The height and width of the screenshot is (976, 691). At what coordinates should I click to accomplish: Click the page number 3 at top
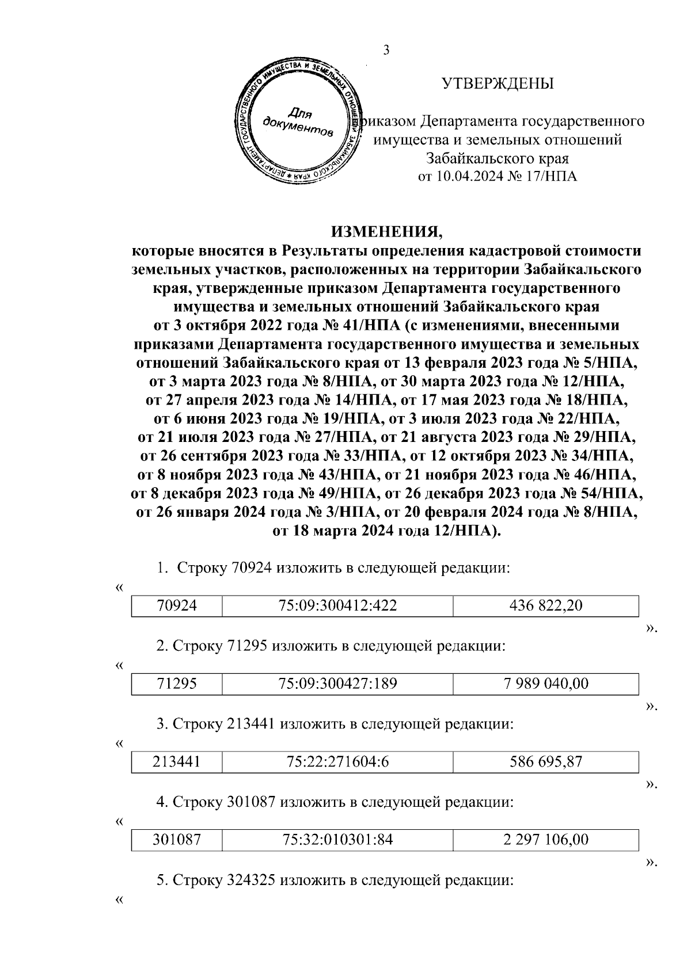pos(386,50)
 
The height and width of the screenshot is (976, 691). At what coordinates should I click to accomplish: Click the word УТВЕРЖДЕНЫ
pos(498,84)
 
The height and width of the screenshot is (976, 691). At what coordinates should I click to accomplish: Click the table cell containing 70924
pos(177,605)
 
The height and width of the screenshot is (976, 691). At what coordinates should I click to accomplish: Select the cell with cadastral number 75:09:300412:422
pos(337,605)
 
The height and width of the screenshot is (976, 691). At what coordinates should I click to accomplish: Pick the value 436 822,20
pos(546,605)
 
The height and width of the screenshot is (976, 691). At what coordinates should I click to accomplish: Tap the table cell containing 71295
pos(177,684)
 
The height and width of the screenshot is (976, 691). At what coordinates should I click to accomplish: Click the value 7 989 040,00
pos(546,684)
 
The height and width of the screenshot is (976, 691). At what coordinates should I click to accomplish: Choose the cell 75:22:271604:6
pos(337,762)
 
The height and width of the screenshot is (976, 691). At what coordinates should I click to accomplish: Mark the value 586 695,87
pos(546,762)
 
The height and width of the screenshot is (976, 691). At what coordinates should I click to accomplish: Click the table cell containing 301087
pos(177,840)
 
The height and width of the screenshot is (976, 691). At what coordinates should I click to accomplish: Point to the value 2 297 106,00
pos(546,840)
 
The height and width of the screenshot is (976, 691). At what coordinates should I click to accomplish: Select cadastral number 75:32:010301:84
pos(337,840)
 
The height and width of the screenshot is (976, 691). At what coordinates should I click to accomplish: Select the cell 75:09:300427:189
pos(337,684)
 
